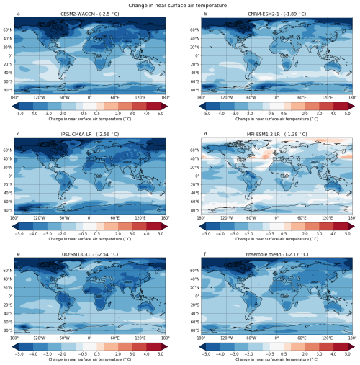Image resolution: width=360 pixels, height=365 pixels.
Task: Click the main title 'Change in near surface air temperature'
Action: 179,4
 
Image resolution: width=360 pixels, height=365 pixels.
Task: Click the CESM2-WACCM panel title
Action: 89,14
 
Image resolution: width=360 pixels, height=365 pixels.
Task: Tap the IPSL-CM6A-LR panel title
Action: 89,135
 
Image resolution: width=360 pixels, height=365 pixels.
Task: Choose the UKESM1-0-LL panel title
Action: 89,255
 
